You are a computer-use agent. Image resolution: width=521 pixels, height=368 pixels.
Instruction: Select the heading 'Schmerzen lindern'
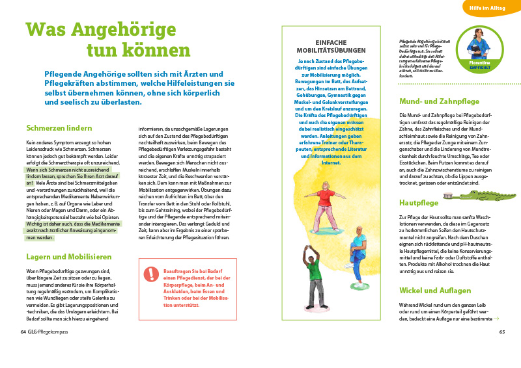coord(55,128)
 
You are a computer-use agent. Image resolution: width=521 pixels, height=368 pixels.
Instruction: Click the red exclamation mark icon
coord(151,274)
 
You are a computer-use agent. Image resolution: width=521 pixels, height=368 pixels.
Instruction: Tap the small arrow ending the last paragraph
coord(496,319)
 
